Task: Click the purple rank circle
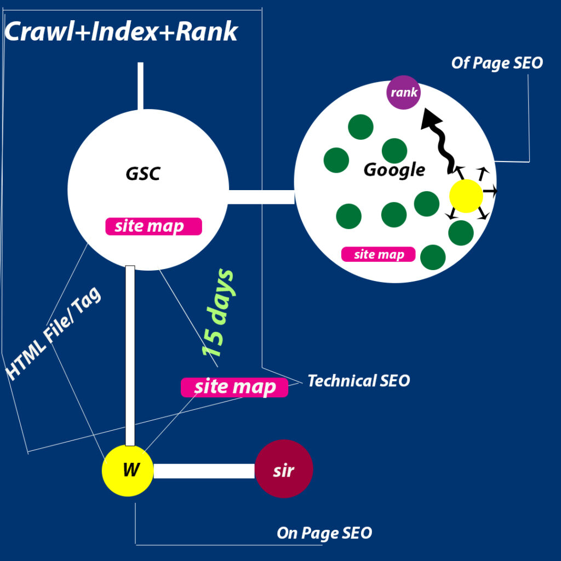pos(403,92)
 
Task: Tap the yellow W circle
pos(128,471)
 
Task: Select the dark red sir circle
pos(284,469)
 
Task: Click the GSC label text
pos(143,174)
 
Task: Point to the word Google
pos(394,170)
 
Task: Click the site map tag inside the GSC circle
pos(153,226)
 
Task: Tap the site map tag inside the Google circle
pos(378,254)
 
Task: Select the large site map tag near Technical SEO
pos(234,387)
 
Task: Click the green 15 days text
pos(217,313)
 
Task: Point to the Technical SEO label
pos(359,381)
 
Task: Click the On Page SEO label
pos(324,533)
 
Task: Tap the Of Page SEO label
pos(497,63)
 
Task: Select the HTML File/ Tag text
pos(54,334)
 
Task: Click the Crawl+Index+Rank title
pos(121,31)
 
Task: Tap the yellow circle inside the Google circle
pos(466,196)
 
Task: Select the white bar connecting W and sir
pos(204,471)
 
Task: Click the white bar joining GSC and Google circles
pos(261,197)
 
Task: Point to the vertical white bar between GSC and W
pos(130,356)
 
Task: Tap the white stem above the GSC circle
pos(141,86)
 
